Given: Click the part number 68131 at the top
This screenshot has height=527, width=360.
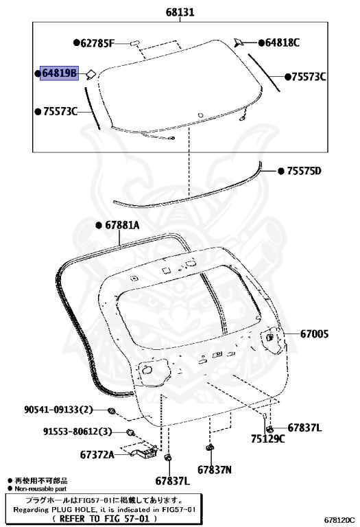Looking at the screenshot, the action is click(180, 12).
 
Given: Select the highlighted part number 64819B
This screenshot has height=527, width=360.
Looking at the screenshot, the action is click(59, 73).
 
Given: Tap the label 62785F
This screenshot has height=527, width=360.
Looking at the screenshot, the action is click(97, 43).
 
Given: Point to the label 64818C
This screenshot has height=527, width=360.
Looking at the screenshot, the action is click(283, 43).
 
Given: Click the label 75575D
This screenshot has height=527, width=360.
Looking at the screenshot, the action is click(304, 171).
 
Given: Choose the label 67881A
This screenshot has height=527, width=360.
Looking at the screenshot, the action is click(122, 225).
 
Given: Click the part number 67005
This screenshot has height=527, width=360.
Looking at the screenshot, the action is click(314, 333).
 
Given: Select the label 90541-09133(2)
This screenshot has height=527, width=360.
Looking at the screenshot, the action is click(58, 410).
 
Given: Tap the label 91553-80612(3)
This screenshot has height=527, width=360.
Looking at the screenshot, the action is click(77, 431).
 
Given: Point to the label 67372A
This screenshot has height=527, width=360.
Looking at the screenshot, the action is click(97, 455).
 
